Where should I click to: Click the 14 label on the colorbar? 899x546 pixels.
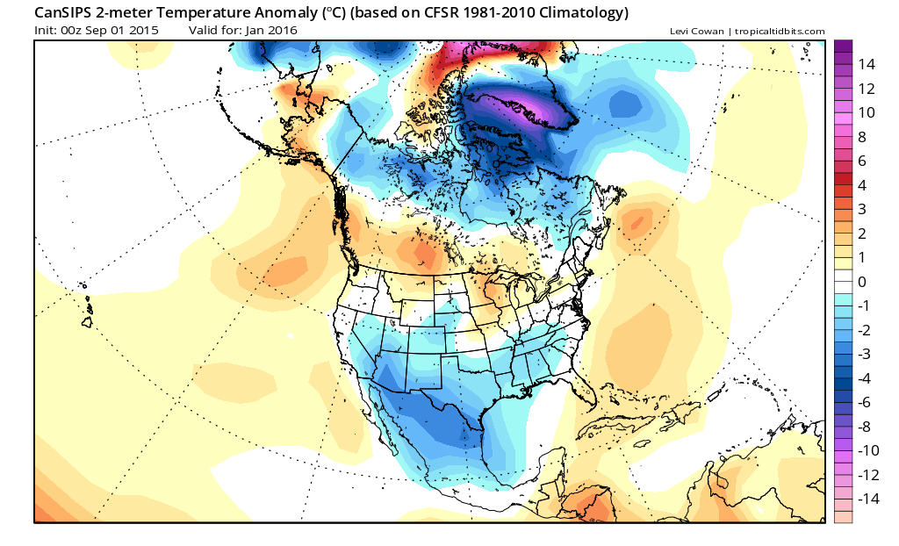(867, 64)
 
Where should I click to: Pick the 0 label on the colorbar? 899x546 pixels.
(862, 282)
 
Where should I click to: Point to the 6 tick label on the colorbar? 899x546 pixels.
(862, 161)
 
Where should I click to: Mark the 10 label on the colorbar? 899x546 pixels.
(867, 112)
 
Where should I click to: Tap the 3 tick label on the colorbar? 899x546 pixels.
(862, 209)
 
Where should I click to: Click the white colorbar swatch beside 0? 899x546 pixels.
(843, 282)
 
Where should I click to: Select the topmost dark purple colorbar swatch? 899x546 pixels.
(843, 47)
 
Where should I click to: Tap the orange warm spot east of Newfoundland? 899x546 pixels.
(636, 222)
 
